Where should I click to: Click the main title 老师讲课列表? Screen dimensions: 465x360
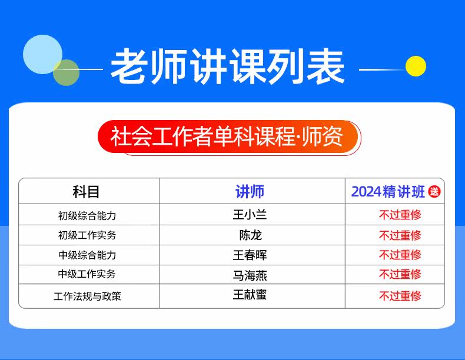(x=227, y=66)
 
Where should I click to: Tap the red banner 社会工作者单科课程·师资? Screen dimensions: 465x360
(x=228, y=136)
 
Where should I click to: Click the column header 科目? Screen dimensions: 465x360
(x=86, y=192)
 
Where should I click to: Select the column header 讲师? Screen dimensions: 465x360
(x=250, y=192)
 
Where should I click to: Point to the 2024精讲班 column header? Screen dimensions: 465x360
(x=388, y=192)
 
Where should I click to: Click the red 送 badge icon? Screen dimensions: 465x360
(x=434, y=192)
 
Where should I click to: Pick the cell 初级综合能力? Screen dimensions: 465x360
(x=87, y=215)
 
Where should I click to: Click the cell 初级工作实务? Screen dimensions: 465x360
(x=87, y=235)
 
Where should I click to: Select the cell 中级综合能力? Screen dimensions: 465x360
(x=87, y=255)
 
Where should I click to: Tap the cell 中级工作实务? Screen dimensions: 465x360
(x=87, y=274)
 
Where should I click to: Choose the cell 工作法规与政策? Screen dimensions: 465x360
(x=87, y=296)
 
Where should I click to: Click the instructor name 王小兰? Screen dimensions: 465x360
(x=250, y=214)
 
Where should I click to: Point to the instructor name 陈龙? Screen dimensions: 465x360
(x=251, y=235)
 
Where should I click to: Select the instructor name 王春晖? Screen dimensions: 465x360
(x=250, y=255)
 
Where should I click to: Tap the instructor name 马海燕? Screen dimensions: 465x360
(x=250, y=275)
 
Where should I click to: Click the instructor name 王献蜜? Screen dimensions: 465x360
(x=250, y=295)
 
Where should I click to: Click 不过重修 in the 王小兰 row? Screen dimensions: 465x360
(x=400, y=215)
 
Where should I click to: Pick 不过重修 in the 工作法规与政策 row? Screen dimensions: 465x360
(x=400, y=296)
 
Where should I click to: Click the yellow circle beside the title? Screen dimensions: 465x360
(x=416, y=66)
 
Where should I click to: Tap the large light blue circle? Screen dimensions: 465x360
(x=43, y=54)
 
